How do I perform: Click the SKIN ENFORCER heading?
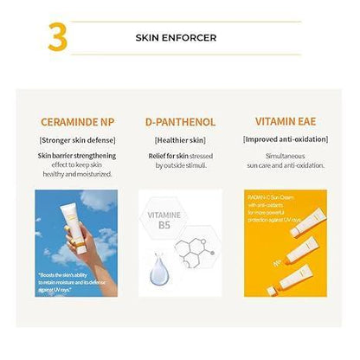177,39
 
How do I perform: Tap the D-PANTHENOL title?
179,122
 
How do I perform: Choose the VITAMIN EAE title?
287,122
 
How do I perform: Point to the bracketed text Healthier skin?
179,138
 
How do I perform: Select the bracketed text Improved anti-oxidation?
287,138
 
